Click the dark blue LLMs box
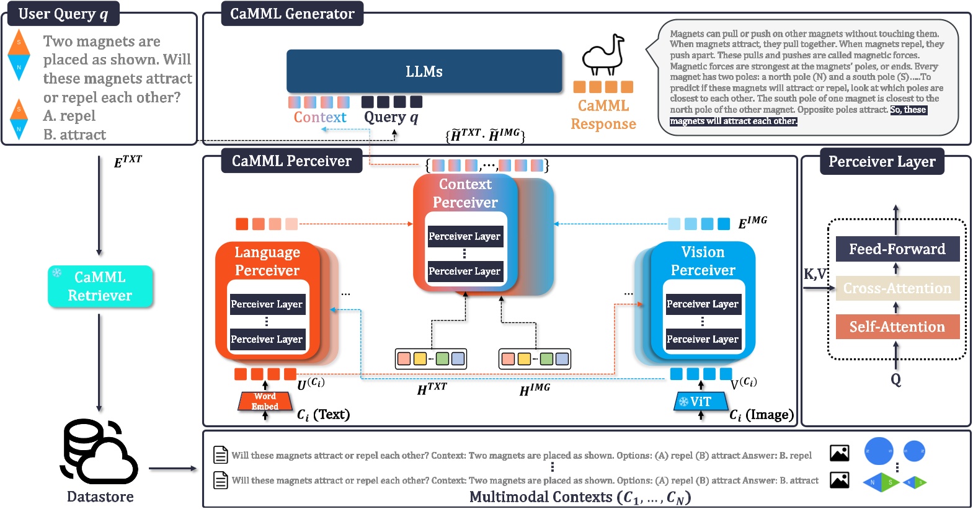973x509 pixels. click(424, 71)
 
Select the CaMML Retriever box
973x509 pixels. click(100, 286)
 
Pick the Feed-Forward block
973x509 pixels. click(897, 249)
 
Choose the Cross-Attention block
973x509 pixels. click(897, 288)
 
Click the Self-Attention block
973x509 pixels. click(897, 327)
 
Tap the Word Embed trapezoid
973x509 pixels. click(265, 402)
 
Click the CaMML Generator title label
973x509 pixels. click(292, 14)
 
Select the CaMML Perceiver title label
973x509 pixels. click(291, 161)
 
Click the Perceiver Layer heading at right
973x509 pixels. click(881, 162)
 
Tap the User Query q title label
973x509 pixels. click(63, 14)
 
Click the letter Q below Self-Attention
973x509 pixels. click(895, 379)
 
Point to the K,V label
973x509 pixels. click(815, 274)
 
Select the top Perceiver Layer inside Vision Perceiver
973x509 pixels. click(702, 304)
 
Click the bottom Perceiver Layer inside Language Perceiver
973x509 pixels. click(267, 340)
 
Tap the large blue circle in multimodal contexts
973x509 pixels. click(878, 451)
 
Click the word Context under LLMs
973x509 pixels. click(320, 117)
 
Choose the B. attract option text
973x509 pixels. click(74, 135)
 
